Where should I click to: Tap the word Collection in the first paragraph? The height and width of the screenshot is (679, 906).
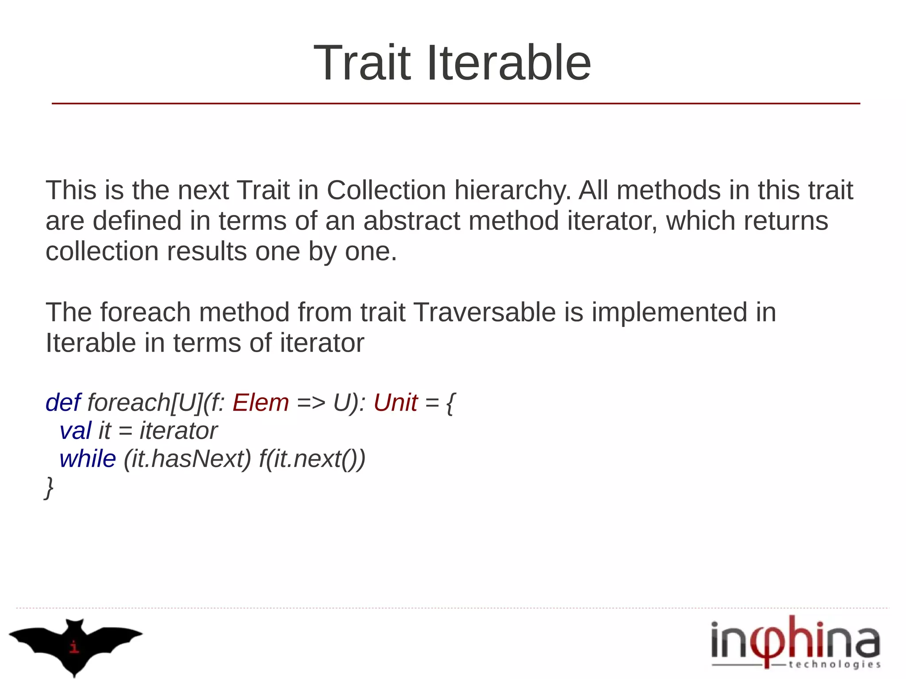(x=386, y=190)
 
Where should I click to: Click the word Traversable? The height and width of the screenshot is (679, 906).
(x=484, y=312)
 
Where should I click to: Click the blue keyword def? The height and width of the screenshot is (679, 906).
(x=63, y=403)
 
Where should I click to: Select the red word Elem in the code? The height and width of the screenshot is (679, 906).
(x=261, y=403)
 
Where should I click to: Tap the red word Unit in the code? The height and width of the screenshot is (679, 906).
(x=395, y=403)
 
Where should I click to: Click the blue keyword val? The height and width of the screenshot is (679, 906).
(x=75, y=431)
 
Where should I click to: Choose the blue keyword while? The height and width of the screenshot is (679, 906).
(x=88, y=459)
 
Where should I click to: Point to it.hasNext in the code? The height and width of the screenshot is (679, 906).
(x=187, y=459)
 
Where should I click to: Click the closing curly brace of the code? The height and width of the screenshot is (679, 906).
(x=49, y=488)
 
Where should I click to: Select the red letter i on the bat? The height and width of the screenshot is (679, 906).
(x=74, y=647)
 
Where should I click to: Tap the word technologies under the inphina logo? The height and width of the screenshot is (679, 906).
(x=834, y=664)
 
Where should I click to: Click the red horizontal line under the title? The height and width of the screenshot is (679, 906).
(x=456, y=104)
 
